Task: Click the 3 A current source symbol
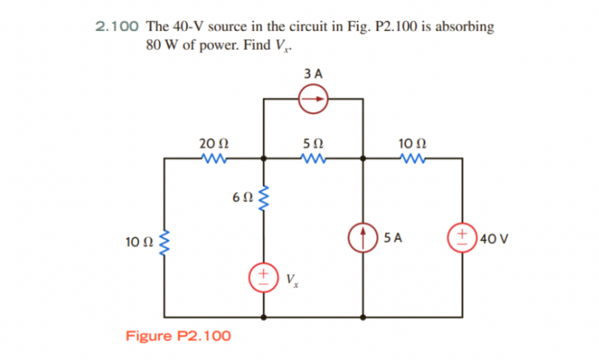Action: [x=313, y=99]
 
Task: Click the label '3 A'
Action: [x=313, y=72]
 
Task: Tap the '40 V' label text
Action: [x=494, y=239]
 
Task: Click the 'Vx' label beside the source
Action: [x=291, y=280]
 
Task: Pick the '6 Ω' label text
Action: [x=243, y=197]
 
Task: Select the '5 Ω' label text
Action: [x=313, y=143]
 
